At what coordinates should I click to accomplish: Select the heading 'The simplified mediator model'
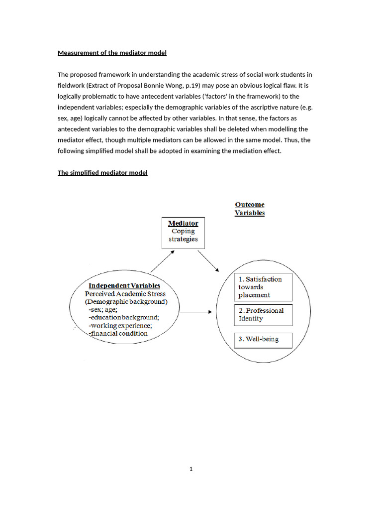(102, 173)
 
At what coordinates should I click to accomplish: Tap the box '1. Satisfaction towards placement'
(263, 287)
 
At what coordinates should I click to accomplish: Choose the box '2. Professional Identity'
(263, 315)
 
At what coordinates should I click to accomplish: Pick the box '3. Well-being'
(263, 340)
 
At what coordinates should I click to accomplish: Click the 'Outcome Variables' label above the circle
(250, 209)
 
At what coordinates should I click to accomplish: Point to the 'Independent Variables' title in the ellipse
(124, 285)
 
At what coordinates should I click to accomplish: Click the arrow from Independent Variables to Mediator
(162, 261)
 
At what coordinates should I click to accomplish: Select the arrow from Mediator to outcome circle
(208, 260)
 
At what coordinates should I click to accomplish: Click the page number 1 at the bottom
(191, 468)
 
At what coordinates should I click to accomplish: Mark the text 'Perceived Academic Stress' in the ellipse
(125, 294)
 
